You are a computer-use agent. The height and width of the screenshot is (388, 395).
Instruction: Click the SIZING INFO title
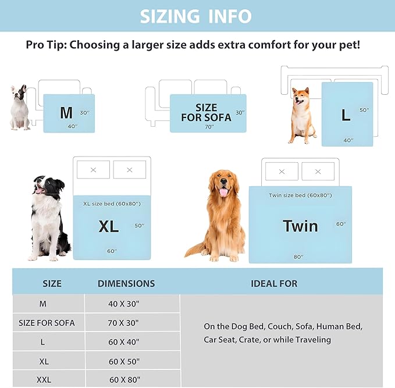(195, 16)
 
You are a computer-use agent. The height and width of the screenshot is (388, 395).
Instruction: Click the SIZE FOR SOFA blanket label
(206, 113)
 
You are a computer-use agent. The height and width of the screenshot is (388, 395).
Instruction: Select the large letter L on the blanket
(346, 115)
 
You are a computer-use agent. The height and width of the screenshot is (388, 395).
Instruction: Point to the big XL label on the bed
(108, 226)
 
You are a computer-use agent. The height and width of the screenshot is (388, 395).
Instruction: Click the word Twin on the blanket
(300, 226)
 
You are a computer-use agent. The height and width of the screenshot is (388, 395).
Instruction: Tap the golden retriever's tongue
(223, 191)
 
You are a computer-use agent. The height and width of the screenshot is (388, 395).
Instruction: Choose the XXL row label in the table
(44, 380)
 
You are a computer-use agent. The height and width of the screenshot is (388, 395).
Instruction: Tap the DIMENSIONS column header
(126, 284)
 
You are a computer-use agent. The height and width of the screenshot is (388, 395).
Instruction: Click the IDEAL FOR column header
(274, 284)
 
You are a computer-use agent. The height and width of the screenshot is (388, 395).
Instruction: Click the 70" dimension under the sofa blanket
(209, 126)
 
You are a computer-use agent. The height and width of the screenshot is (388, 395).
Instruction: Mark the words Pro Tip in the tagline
(46, 45)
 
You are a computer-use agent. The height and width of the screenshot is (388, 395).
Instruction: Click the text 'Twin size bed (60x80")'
(300, 195)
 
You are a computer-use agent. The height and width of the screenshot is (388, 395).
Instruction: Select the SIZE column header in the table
(52, 284)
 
